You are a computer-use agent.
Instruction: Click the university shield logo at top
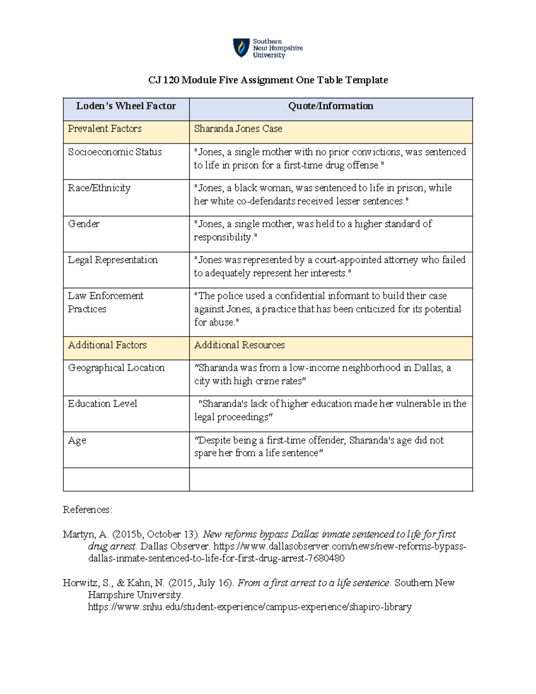pyautogui.click(x=241, y=48)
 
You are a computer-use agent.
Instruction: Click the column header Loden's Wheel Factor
pyautogui.click(x=126, y=106)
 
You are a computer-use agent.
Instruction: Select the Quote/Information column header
pyautogui.click(x=331, y=106)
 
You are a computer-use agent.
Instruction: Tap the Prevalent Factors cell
pyautogui.click(x=105, y=129)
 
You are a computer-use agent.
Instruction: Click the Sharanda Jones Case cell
pyautogui.click(x=238, y=129)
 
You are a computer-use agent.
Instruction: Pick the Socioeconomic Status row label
pyautogui.click(x=115, y=152)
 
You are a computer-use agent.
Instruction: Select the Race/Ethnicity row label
pyautogui.click(x=99, y=188)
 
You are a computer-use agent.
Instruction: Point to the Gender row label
pyautogui.click(x=84, y=224)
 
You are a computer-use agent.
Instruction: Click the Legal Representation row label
pyautogui.click(x=113, y=260)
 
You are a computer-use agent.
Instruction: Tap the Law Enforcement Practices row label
pyautogui.click(x=105, y=302)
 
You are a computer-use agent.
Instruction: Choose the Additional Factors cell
pyautogui.click(x=107, y=345)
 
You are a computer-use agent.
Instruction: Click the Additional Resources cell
pyautogui.click(x=239, y=345)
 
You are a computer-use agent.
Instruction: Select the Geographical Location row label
pyautogui.click(x=116, y=368)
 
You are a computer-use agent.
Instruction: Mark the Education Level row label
pyautogui.click(x=102, y=404)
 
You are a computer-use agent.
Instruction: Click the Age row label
pyautogui.click(x=77, y=441)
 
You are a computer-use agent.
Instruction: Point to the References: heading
pyautogui.click(x=88, y=510)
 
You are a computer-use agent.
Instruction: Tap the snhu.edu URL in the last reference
pyautogui.click(x=250, y=607)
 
